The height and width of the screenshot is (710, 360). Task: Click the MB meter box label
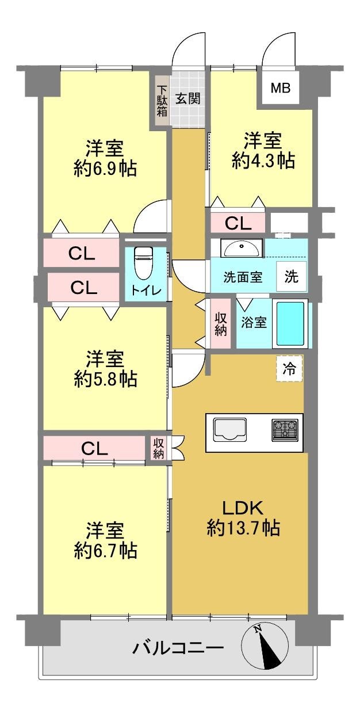[280, 88]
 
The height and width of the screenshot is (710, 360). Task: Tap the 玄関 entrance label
[188, 99]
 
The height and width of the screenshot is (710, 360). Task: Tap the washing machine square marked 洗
[291, 276]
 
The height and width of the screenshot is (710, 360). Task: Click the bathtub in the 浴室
[290, 323]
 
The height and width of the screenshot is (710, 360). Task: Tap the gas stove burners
[285, 430]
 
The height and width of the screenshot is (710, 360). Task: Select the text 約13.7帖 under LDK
[243, 528]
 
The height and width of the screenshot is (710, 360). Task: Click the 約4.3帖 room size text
[263, 161]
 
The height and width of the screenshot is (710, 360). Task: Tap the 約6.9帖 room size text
[105, 169]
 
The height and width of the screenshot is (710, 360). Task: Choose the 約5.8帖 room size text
[106, 379]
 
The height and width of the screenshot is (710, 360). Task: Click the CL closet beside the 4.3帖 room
[238, 223]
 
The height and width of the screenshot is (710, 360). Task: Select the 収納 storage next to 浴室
[221, 323]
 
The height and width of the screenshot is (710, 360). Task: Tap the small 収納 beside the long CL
[159, 448]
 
